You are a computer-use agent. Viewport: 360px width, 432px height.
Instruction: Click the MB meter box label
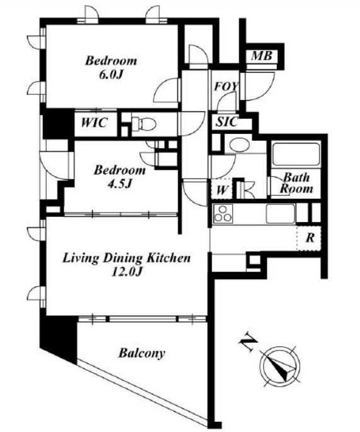262,56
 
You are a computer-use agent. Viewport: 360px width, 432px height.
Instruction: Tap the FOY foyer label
226,87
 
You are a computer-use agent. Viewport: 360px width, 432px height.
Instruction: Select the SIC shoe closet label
227,122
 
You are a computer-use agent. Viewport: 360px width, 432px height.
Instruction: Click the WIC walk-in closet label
94,123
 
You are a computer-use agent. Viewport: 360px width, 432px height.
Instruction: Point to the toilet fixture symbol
143,123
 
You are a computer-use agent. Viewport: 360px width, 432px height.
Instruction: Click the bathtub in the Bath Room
296,154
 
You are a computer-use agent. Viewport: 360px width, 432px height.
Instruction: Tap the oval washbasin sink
240,145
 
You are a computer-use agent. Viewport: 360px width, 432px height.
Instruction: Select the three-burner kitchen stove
223,214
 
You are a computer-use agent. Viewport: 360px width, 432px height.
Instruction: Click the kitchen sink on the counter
280,214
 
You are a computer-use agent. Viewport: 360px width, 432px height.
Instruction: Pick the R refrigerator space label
310,238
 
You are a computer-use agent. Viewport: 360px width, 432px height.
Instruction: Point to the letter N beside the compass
248,343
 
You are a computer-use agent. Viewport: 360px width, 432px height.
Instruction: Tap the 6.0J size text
111,75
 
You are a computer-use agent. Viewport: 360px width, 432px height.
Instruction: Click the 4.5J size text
119,184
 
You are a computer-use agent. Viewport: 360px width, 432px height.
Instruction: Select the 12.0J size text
127,272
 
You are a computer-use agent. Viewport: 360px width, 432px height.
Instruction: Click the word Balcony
142,353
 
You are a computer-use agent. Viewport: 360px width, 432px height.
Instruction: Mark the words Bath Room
296,183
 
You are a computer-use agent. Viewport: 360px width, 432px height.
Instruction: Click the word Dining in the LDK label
123,258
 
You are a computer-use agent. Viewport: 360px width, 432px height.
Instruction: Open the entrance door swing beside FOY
257,86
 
